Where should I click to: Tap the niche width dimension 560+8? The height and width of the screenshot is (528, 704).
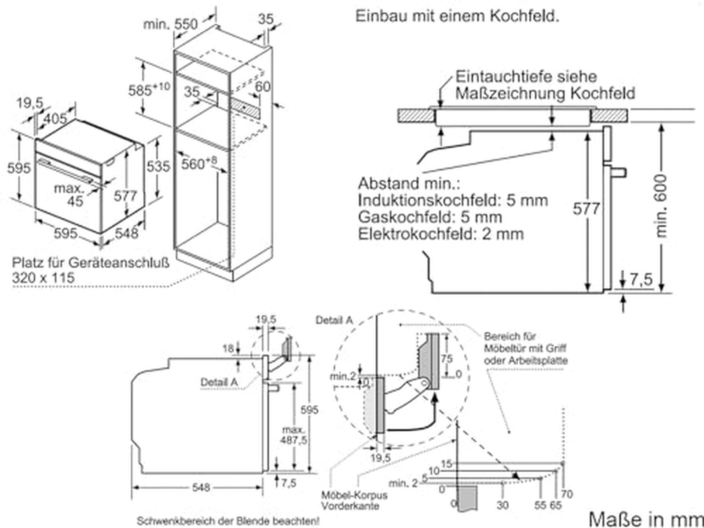click(199, 164)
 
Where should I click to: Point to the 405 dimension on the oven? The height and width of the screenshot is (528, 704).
click(55, 118)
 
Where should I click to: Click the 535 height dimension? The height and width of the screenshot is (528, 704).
click(158, 166)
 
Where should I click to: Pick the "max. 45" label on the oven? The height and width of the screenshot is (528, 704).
click(70, 194)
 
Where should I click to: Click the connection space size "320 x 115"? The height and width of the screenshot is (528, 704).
click(44, 278)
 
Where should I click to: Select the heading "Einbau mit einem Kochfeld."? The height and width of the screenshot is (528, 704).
click(457, 16)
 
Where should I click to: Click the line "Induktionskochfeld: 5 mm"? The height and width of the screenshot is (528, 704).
click(453, 201)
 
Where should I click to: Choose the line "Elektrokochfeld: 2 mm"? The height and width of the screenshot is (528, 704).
click(441, 234)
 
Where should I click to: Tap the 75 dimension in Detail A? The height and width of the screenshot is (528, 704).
click(446, 359)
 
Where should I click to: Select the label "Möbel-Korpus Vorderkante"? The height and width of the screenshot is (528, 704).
click(354, 501)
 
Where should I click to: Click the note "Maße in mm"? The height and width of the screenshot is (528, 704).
click(645, 518)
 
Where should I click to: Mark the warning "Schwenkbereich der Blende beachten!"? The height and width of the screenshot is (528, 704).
click(228, 521)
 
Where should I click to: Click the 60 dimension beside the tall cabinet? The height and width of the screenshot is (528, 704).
click(263, 87)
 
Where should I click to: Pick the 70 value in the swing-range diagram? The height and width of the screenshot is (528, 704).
click(567, 494)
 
